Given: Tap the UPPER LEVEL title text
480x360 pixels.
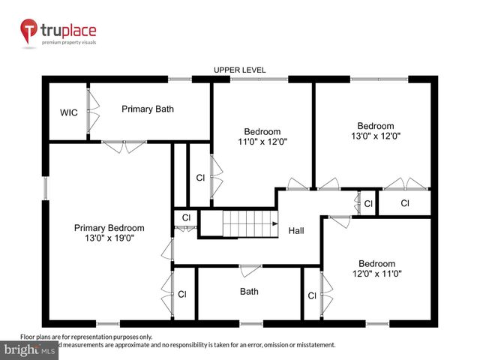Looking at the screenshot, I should [240, 70].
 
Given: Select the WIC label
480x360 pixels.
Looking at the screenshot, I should [69, 113].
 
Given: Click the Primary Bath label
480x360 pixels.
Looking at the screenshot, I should [148, 109].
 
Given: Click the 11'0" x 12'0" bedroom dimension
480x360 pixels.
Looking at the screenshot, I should [262, 141].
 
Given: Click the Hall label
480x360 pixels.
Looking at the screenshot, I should [296, 231].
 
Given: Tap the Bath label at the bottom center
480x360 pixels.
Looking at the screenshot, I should [249, 292].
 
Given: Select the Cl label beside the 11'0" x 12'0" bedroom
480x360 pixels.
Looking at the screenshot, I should [200, 178].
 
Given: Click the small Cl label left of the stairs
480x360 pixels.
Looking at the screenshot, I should [186, 218].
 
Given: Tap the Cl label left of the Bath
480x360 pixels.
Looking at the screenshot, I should [181, 295].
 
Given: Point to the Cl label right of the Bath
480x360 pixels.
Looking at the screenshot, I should [311, 295].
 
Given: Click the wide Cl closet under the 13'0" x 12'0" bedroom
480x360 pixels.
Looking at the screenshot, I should [405, 203].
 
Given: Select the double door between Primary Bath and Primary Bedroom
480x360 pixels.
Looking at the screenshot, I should [124, 147].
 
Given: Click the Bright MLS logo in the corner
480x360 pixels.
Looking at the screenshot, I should [30, 350].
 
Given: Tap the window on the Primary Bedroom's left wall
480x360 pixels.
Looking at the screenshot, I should [44, 189].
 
